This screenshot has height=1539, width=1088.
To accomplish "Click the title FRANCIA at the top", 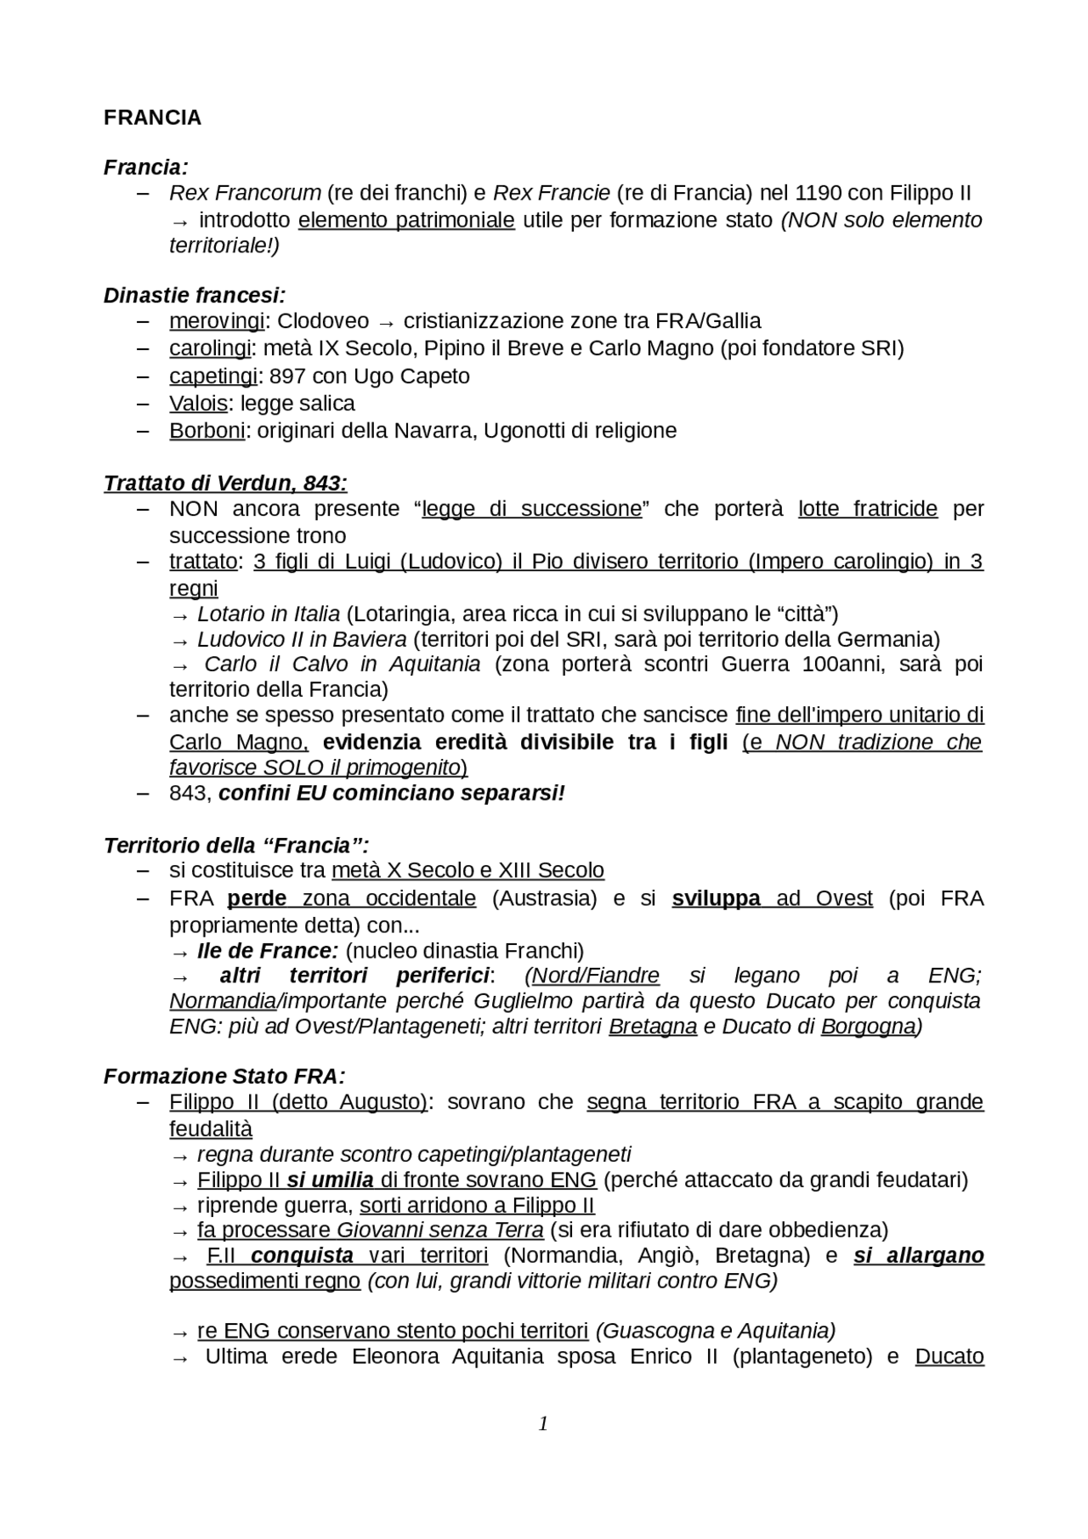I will click(152, 118).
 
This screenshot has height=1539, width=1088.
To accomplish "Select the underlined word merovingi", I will click(217, 321).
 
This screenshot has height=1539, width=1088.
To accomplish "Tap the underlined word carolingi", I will click(210, 348).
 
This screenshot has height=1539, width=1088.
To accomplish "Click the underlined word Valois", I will click(198, 403).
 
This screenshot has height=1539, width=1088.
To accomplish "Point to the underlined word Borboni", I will click(207, 431).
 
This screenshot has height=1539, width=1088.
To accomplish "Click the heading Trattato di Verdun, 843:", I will click(225, 484).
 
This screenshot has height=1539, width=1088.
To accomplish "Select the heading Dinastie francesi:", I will click(194, 296).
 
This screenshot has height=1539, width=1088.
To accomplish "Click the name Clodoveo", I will click(323, 321).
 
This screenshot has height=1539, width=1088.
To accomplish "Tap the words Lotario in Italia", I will click(268, 614).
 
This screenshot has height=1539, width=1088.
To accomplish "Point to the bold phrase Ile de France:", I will click(268, 950).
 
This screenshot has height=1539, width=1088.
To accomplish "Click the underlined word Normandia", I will click(223, 1001).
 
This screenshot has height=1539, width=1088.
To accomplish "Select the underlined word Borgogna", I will click(867, 1027).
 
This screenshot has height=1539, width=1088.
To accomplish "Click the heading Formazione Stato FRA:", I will click(224, 1077).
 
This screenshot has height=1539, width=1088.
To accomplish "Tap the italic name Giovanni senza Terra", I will click(439, 1230).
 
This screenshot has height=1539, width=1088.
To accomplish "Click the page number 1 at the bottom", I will click(543, 1423).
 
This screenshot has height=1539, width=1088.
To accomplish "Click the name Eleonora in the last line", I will click(398, 1356).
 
